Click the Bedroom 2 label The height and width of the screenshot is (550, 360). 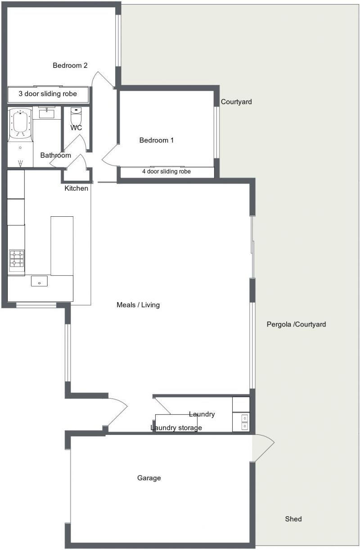[x=70, y=66]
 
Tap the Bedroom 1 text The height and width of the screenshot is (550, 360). [x=156, y=140]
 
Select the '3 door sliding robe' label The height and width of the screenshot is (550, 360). [x=48, y=94]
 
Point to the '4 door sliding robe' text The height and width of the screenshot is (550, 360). [x=166, y=171]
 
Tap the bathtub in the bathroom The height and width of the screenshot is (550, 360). [x=20, y=124]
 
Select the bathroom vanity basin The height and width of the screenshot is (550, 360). [x=47, y=114]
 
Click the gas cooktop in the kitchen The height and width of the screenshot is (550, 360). [x=17, y=259]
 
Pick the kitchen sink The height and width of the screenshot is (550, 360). [x=39, y=281]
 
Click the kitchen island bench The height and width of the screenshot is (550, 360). [x=62, y=246]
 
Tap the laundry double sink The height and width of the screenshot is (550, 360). [x=245, y=422]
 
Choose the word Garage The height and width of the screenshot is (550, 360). [x=149, y=478]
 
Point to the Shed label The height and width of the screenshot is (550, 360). [x=293, y=519]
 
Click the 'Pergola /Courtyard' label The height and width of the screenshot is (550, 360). [x=297, y=324]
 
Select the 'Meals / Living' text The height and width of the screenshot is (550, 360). [x=138, y=305]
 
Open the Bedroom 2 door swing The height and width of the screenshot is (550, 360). [x=103, y=79]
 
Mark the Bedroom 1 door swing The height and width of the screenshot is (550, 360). [x=110, y=156]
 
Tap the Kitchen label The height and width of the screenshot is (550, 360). [x=76, y=188]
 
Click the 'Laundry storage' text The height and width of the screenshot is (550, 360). [x=176, y=428]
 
